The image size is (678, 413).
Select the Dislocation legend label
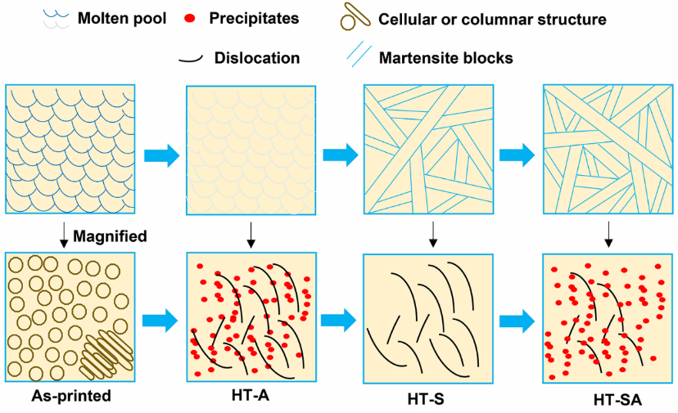257,58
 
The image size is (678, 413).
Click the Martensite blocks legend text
445,58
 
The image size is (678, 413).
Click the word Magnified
110,236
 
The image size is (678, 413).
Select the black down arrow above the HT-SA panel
609,233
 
